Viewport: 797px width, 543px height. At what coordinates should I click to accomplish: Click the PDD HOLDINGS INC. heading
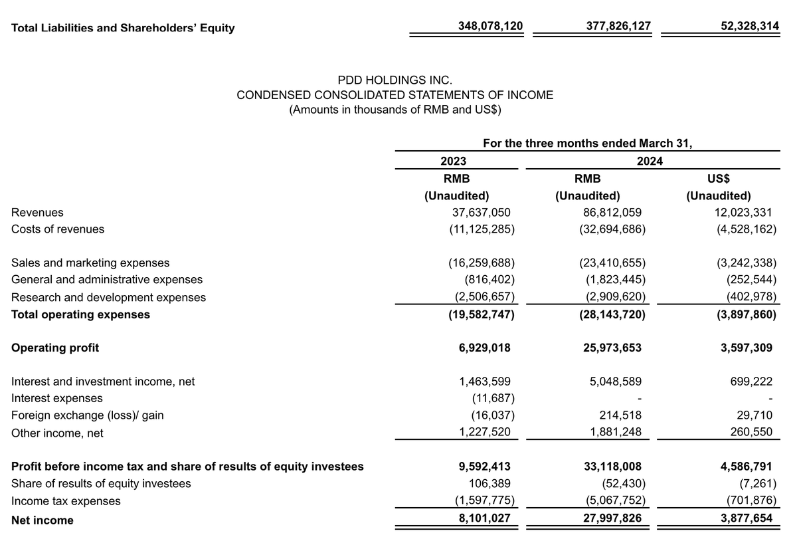click(395, 80)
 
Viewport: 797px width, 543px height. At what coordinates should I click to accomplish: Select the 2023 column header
click(453, 162)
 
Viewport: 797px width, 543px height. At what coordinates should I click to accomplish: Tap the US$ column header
click(720, 179)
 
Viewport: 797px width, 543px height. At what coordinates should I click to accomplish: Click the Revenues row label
click(38, 213)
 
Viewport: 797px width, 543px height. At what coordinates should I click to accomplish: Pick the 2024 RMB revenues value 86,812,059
click(609, 213)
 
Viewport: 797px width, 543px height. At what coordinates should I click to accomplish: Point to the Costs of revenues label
click(58, 229)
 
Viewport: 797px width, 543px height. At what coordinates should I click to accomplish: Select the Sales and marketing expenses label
click(90, 263)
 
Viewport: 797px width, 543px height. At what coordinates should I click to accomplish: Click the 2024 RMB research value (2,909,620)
click(612, 298)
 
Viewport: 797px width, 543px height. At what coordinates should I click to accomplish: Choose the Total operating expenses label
click(80, 314)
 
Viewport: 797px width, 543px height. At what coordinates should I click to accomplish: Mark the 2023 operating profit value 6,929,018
click(484, 348)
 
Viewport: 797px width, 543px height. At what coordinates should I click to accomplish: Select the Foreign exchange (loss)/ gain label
click(87, 416)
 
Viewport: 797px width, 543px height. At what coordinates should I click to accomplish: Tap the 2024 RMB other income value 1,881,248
click(616, 433)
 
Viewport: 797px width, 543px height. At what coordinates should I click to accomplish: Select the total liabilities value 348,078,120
click(490, 26)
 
